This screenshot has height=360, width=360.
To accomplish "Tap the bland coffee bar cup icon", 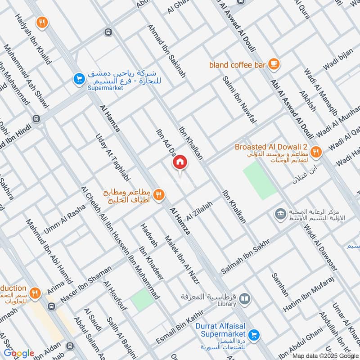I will [273, 64].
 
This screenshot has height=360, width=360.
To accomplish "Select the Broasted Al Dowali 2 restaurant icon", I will [316, 152].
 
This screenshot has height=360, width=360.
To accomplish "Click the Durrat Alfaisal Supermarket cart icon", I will [254, 334].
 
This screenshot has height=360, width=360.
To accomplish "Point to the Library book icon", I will [244, 298].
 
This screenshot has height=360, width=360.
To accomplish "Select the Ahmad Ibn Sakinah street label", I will [166, 51].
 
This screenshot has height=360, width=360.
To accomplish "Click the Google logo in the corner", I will [19, 353].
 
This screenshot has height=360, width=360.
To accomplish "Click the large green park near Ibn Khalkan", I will [260, 180].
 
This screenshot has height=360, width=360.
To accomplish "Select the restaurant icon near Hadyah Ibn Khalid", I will [42, 23].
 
